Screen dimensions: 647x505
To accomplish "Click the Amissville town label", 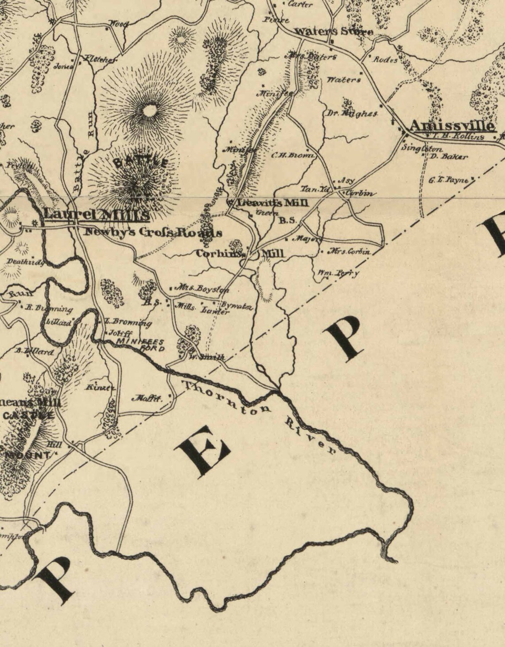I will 450,126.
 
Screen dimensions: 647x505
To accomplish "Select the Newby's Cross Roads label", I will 153,232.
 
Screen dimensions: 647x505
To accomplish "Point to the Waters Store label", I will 333,32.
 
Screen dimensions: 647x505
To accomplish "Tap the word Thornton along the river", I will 226,398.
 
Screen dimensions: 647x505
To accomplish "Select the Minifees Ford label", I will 141,345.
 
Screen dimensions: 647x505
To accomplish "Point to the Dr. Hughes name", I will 352,114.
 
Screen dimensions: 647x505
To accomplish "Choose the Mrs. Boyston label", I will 202,288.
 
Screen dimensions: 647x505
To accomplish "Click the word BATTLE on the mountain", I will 140,162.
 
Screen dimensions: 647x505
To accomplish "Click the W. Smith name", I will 207,357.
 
